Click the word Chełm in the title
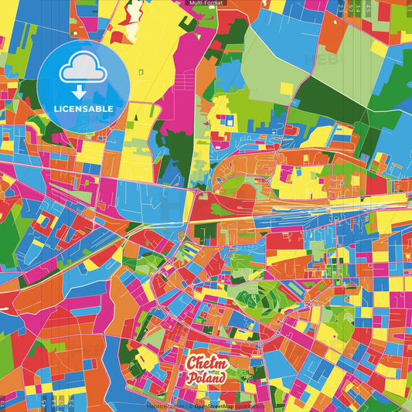(206, 363)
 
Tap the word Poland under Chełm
(206, 378)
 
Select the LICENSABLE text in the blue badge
(83, 109)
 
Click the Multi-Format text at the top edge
(206, 3)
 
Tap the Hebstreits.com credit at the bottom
(165, 405)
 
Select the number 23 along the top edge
(341, 9)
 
